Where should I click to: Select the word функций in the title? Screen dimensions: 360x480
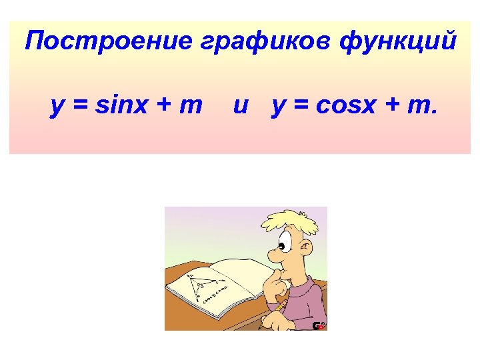tap(398, 42)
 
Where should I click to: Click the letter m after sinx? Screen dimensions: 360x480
tap(190, 105)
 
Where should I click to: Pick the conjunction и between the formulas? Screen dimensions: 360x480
tap(241, 105)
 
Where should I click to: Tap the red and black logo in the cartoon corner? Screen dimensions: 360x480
tap(319, 325)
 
